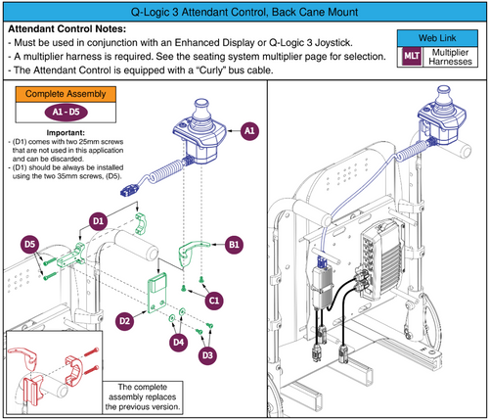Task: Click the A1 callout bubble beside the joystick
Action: click(x=248, y=130)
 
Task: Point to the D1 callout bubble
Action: click(x=99, y=223)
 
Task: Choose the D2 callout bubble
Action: click(x=125, y=319)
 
